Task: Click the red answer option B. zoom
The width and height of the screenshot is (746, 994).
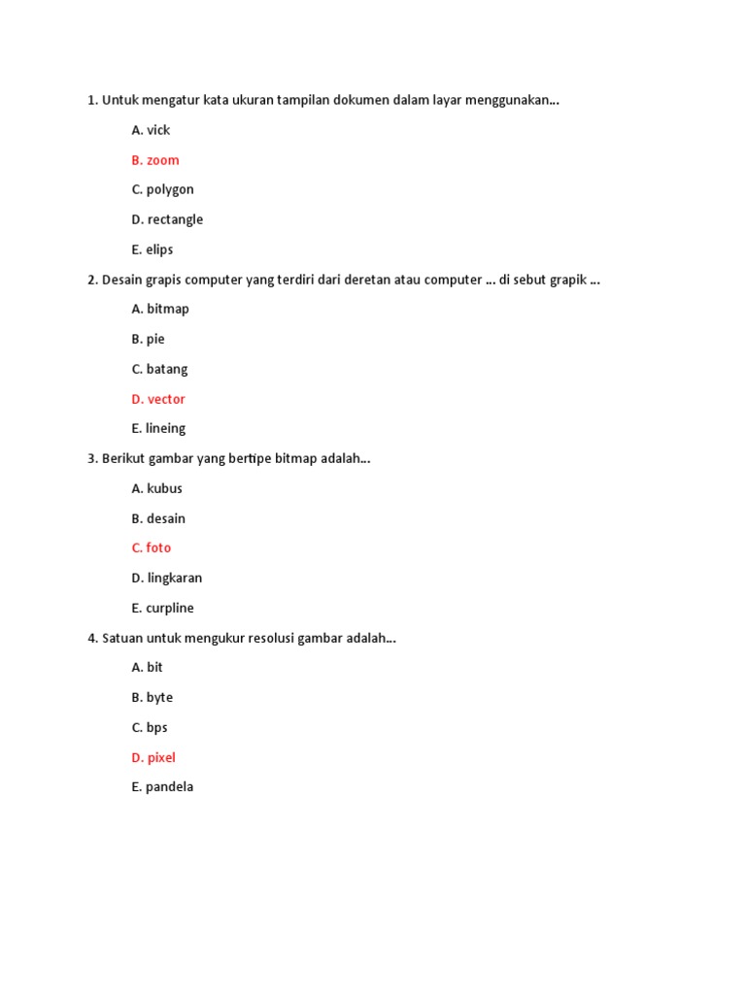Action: (x=155, y=160)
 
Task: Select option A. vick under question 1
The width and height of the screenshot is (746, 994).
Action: (x=151, y=130)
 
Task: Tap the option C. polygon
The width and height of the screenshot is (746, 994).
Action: (x=162, y=189)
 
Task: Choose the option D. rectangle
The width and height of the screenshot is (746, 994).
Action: (x=167, y=219)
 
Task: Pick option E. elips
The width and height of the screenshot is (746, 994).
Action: (x=152, y=249)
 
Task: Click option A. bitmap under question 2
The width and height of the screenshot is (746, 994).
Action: (x=160, y=309)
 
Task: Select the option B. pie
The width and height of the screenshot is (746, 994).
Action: (x=148, y=339)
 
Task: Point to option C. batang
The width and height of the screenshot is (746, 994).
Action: (x=159, y=369)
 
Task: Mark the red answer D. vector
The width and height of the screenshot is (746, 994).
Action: (x=158, y=399)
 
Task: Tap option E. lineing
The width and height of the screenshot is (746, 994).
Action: (x=158, y=428)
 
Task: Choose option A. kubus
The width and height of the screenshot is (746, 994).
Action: (x=156, y=488)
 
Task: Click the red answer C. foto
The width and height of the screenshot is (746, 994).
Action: (x=151, y=547)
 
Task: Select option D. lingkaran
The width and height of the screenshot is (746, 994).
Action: (x=167, y=578)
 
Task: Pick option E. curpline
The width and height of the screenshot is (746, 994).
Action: (x=162, y=608)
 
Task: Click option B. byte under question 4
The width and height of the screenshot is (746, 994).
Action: (x=152, y=697)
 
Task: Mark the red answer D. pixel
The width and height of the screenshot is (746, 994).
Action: (x=153, y=757)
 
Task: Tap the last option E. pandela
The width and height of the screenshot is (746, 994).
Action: (x=162, y=786)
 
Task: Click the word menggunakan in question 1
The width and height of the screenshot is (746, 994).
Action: (x=512, y=101)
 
